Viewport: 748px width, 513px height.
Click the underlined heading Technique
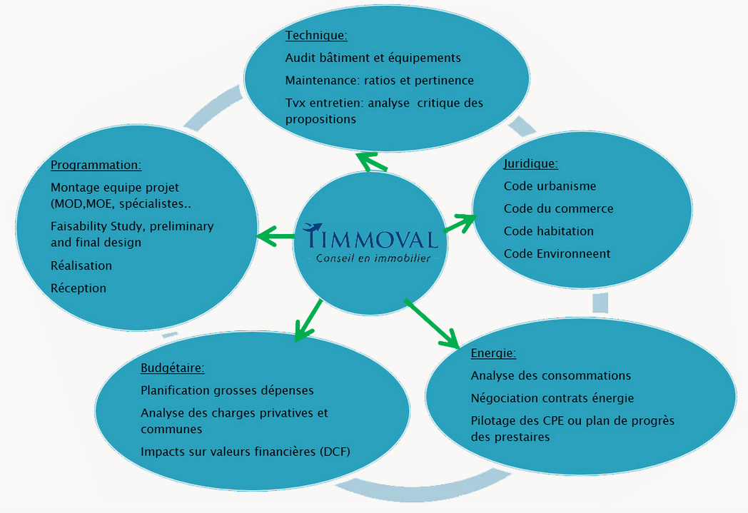point(316,35)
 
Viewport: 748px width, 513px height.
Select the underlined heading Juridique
point(530,163)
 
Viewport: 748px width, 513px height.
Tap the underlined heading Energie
point(493,353)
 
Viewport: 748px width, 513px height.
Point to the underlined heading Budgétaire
point(172,368)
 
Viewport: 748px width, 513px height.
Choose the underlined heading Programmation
point(96,165)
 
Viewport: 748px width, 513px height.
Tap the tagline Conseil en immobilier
point(373,258)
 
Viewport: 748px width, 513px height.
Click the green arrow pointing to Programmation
point(276,236)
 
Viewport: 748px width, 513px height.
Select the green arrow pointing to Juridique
point(460,223)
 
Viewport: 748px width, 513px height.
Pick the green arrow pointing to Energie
point(432,324)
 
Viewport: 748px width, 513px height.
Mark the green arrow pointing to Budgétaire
point(308,320)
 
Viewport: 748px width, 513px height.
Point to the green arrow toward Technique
point(372,162)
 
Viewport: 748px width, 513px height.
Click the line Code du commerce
point(559,208)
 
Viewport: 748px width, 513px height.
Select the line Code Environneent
point(557,253)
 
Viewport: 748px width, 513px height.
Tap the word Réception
point(79,288)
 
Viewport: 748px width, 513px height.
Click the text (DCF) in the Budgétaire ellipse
point(335,452)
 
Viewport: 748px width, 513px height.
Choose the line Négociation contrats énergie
point(552,399)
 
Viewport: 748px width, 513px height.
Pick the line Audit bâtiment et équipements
point(373,58)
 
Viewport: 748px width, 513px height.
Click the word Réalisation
point(81,265)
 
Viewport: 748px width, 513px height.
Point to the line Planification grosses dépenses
point(227,390)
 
